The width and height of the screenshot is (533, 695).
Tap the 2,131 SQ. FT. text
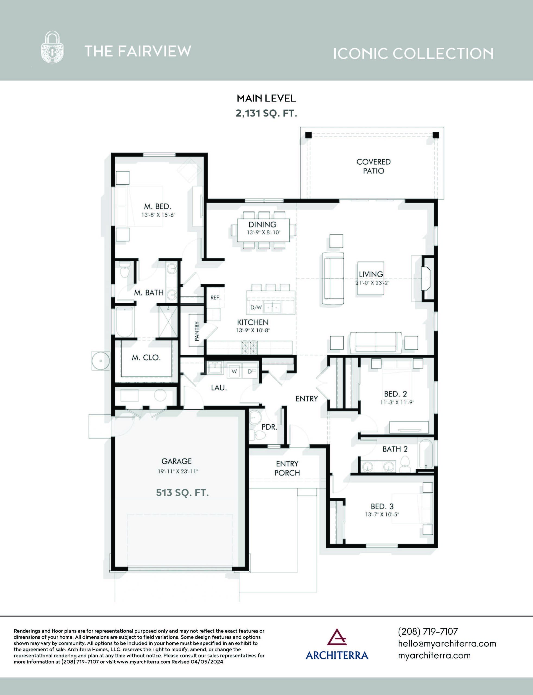click(x=266, y=113)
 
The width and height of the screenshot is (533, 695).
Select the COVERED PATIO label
click(x=373, y=166)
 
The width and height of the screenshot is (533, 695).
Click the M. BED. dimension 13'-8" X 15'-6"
click(x=158, y=215)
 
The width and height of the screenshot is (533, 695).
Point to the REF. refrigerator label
click(x=215, y=298)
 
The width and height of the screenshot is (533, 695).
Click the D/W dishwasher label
click(x=256, y=307)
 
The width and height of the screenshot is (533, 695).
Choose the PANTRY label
click(x=197, y=331)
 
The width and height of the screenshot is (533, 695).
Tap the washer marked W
click(x=234, y=372)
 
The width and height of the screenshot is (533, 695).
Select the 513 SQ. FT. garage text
click(x=182, y=492)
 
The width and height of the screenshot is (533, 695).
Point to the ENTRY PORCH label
click(x=287, y=468)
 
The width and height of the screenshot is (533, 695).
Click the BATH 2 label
click(x=395, y=449)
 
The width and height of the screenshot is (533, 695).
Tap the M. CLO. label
click(x=146, y=358)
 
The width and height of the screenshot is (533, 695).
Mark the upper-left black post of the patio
click(x=308, y=135)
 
